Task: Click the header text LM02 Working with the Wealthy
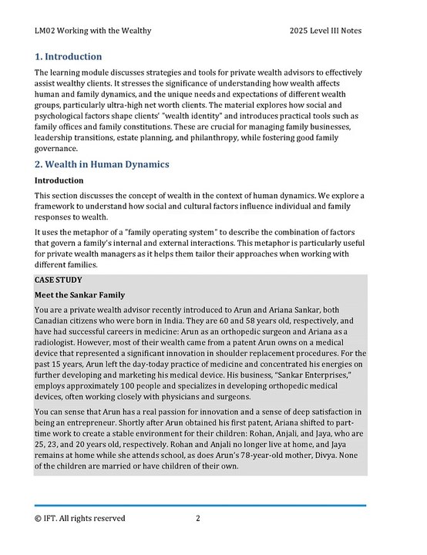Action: click(92, 31)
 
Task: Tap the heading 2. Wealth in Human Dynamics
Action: click(102, 164)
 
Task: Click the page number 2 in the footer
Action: click(198, 518)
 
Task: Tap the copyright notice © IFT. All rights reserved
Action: click(80, 518)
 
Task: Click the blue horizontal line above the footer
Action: click(200, 506)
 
